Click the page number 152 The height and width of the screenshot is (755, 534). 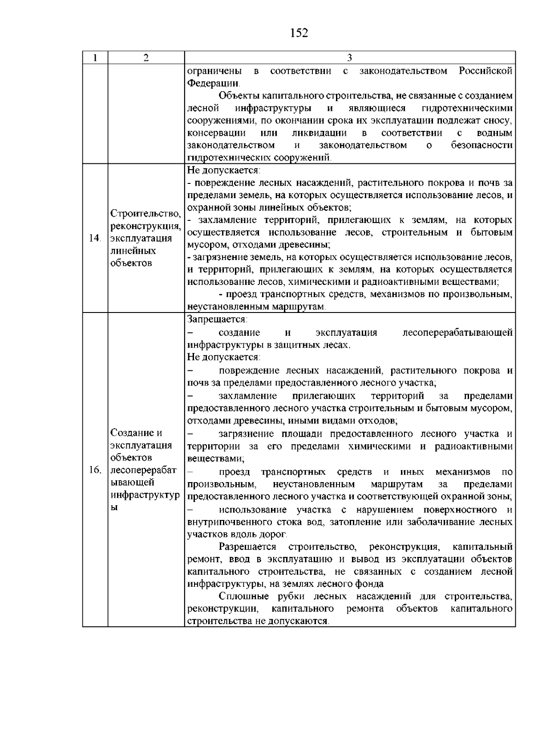[299, 33]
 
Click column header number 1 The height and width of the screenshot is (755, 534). [95, 58]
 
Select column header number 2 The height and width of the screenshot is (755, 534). [146, 58]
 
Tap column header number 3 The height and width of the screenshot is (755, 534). [349, 58]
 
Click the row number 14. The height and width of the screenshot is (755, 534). [94, 238]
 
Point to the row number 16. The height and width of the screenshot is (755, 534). [94, 470]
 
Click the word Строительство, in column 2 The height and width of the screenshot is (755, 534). [146, 213]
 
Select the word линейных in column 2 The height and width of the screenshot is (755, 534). [133, 251]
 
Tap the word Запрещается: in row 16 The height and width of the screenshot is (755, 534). [217, 320]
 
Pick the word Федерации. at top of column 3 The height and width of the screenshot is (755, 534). [213, 83]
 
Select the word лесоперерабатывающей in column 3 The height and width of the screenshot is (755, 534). [457, 333]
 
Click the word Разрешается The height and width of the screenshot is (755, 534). [247, 547]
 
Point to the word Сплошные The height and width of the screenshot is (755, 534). [244, 596]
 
